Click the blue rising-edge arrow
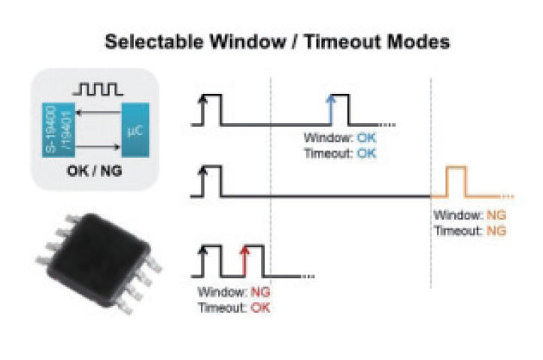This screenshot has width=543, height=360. pyautogui.click(x=330, y=110)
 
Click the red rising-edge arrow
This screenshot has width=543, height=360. pyautogui.click(x=243, y=259)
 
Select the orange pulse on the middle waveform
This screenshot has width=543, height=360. pyautogui.click(x=456, y=182)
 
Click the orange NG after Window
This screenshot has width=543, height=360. pyautogui.click(x=496, y=216)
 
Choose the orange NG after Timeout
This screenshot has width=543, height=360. pyautogui.click(x=497, y=229)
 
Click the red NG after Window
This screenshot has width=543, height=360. pyautogui.click(x=260, y=292)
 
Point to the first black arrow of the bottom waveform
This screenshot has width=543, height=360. pyautogui.click(x=201, y=259)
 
